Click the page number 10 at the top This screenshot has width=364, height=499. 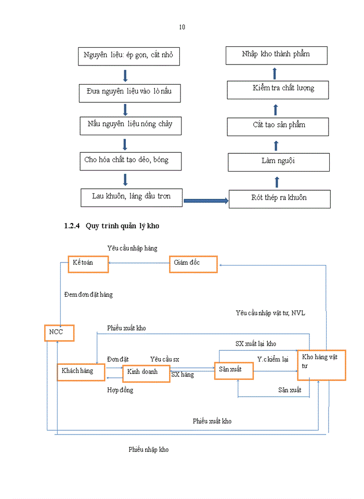pyautogui.click(x=182, y=27)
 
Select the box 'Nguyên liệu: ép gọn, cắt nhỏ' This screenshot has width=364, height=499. pyautogui.click(x=128, y=56)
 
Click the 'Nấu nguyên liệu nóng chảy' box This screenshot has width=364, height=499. pyautogui.click(x=129, y=125)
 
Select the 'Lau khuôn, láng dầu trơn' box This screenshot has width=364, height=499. pyautogui.click(x=131, y=197)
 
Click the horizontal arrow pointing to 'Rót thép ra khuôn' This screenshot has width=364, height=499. pyautogui.click(x=206, y=200)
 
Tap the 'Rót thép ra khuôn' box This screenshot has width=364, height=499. pyautogui.click(x=279, y=199)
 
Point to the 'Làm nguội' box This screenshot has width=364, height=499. pyautogui.click(x=278, y=162)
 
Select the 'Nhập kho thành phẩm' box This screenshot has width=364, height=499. pyautogui.click(x=276, y=55)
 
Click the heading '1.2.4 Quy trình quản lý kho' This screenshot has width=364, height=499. pyautogui.click(x=114, y=226)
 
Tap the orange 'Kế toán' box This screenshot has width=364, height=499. pyautogui.click(x=88, y=264)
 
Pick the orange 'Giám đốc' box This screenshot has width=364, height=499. pyautogui.click(x=193, y=264)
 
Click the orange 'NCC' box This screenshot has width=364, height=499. pyautogui.click(x=59, y=332)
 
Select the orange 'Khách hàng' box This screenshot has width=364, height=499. pyautogui.click(x=81, y=372)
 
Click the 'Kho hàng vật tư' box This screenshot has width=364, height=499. pyautogui.click(x=321, y=365)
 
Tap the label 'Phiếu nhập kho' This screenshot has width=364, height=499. pyautogui.click(x=148, y=450)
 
